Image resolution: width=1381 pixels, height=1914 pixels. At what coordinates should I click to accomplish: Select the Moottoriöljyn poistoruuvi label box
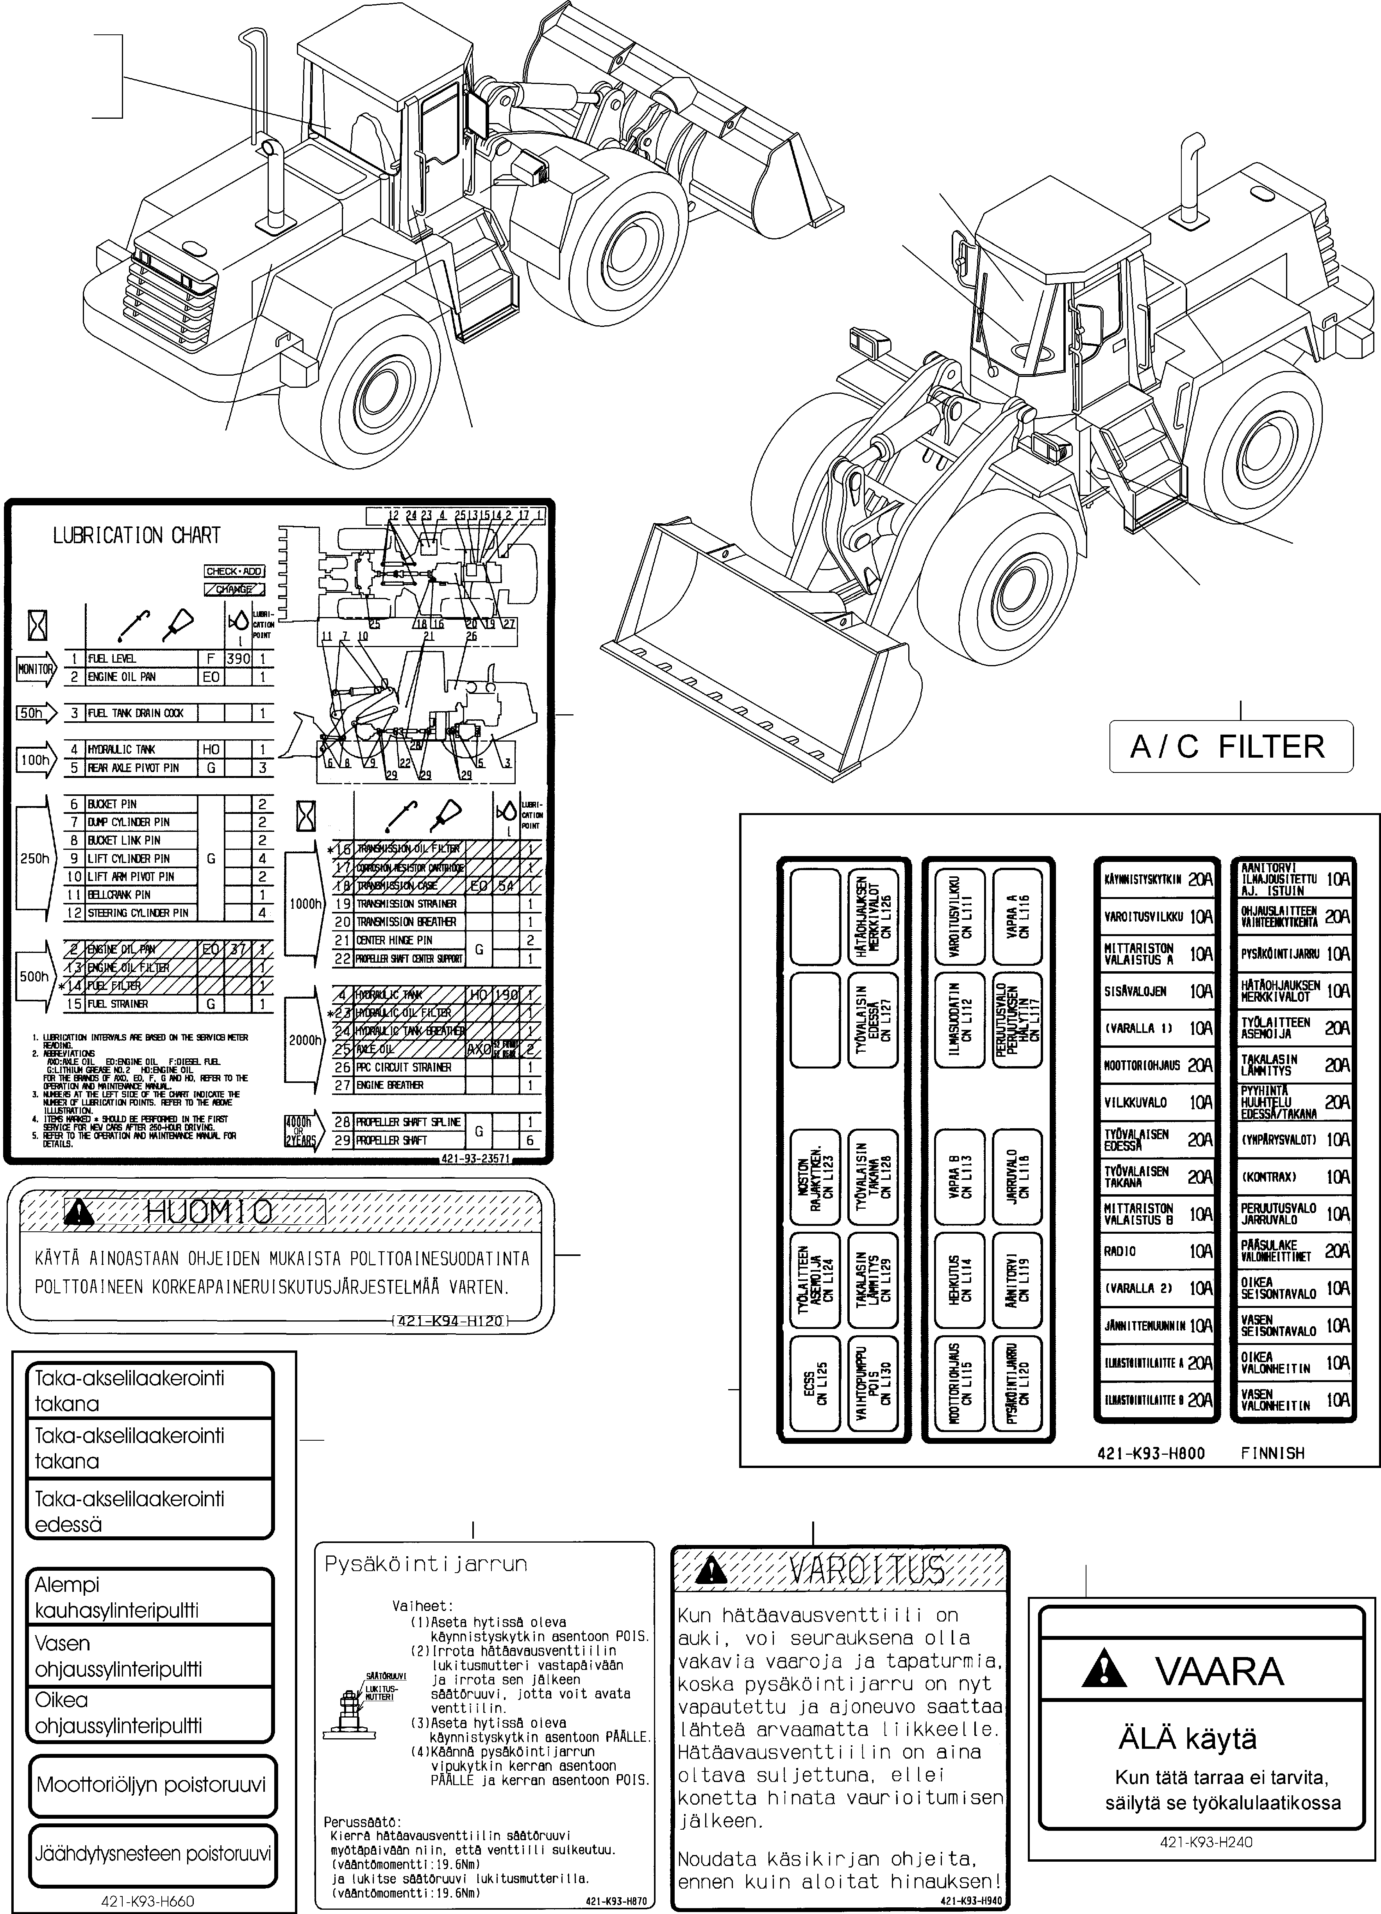(x=152, y=1785)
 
